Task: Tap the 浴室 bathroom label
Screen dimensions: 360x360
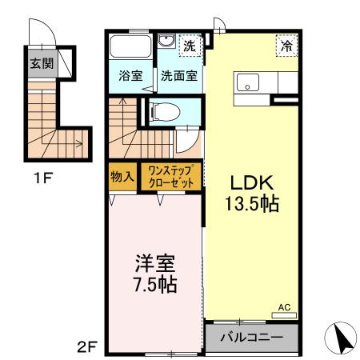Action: click(x=130, y=78)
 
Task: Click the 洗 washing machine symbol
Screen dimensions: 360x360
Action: click(x=189, y=46)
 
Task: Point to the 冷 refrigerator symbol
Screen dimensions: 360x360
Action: click(x=286, y=46)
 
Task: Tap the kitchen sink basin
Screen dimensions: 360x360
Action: click(x=246, y=81)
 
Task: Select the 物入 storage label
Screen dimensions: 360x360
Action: click(x=122, y=175)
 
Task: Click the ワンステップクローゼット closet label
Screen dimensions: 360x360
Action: click(x=170, y=175)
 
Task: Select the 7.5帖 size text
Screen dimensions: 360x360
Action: click(x=152, y=284)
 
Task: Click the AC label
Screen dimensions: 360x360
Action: click(x=284, y=306)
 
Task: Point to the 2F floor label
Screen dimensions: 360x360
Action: click(x=86, y=347)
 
